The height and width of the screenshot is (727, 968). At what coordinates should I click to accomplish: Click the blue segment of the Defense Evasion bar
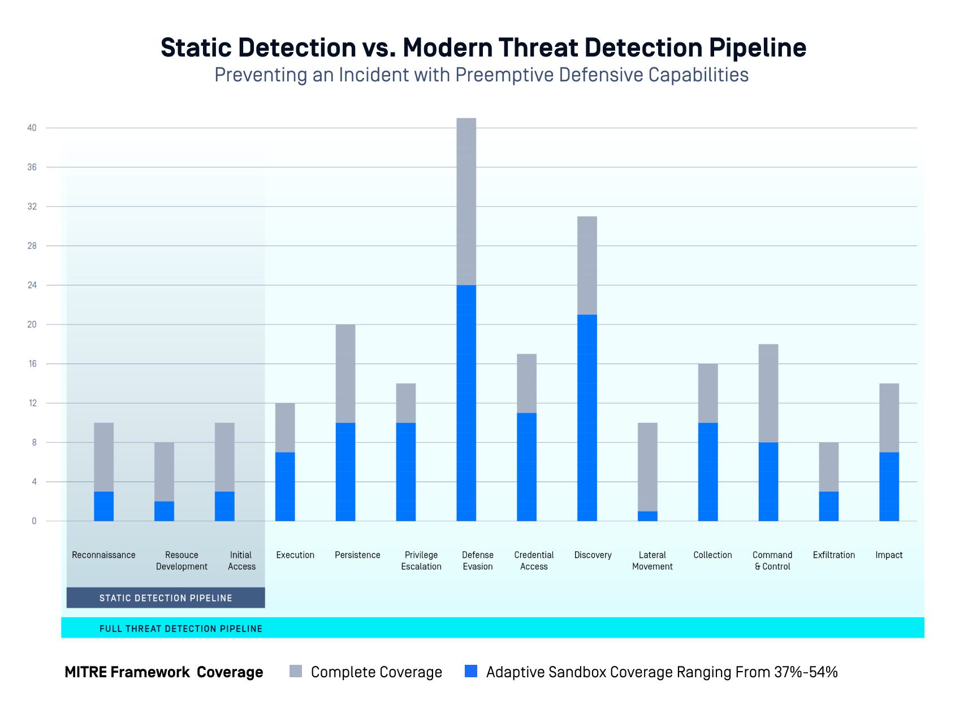tap(466, 403)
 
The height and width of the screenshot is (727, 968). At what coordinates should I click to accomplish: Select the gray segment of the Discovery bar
tap(587, 265)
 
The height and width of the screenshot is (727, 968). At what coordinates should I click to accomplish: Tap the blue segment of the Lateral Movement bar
tap(647, 516)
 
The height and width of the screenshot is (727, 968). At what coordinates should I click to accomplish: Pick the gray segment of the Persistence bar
tap(345, 373)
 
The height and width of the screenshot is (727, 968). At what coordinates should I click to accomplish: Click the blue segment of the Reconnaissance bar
tap(103, 506)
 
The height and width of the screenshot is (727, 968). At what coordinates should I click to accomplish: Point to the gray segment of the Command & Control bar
tap(768, 393)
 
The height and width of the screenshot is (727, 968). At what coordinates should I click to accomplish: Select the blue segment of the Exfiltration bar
tap(828, 506)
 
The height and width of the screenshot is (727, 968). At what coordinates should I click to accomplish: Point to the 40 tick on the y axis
tap(32, 128)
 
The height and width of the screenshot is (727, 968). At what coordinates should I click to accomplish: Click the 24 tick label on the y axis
tap(32, 285)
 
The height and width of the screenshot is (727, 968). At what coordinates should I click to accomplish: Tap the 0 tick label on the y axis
tap(34, 521)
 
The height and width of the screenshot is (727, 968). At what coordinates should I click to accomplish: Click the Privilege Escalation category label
tap(421, 561)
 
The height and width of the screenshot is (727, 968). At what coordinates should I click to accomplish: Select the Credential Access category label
tap(534, 561)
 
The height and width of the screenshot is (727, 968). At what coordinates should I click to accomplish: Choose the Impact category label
tap(889, 555)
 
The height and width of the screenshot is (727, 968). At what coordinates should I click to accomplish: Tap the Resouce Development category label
tap(181, 561)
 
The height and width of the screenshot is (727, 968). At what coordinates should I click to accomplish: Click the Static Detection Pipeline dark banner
tap(166, 598)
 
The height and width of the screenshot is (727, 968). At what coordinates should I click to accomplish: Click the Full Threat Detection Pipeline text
tap(181, 629)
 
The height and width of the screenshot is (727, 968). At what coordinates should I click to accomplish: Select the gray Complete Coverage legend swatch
tap(296, 672)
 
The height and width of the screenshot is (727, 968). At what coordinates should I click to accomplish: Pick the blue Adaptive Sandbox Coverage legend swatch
tap(470, 672)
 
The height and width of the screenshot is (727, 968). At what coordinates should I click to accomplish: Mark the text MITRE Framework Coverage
tap(164, 672)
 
